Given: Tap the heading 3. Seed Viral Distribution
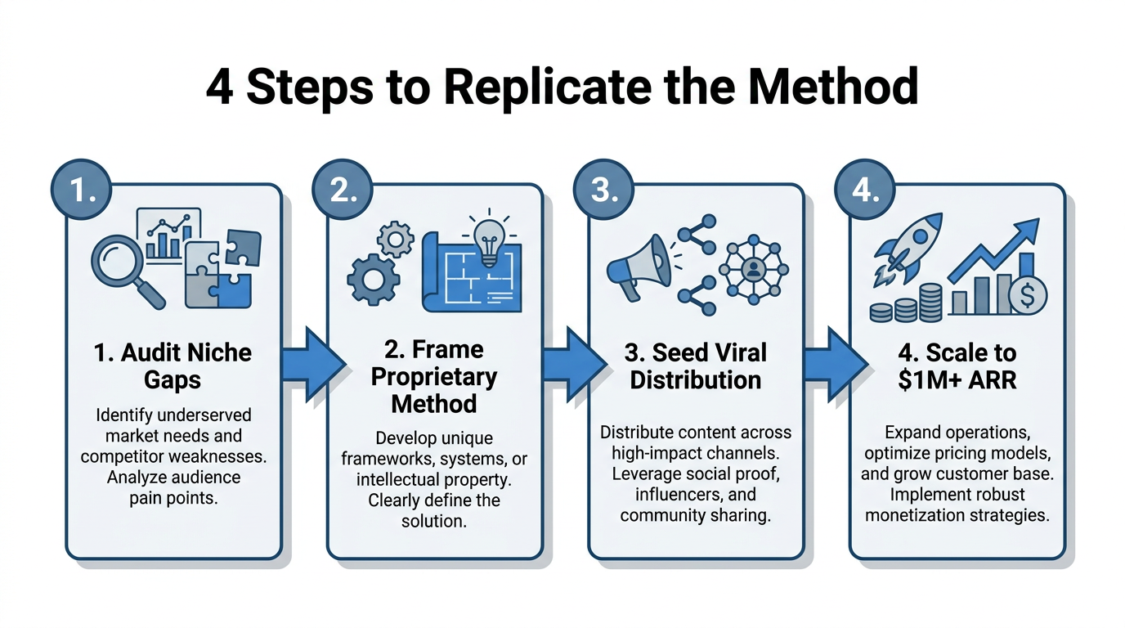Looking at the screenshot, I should point(696,366).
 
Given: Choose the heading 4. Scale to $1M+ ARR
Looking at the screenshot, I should point(957,366).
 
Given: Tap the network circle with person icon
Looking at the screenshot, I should point(753,269).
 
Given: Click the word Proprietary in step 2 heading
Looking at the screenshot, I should point(433,377).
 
